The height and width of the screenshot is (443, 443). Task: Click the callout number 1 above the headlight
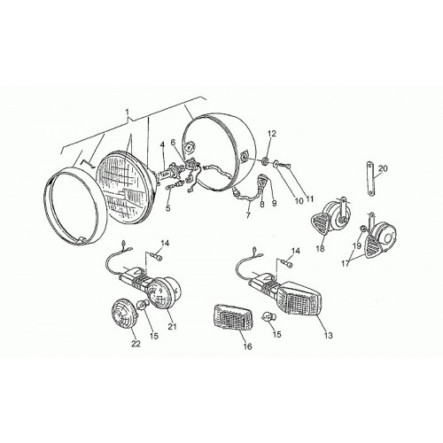128,113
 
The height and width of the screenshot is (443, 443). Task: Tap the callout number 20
383,168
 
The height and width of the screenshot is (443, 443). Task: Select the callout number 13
328,335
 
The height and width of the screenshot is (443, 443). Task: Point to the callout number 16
247,346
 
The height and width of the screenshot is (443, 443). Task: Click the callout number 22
136,344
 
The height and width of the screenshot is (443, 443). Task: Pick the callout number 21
172,326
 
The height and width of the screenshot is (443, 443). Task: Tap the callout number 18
320,248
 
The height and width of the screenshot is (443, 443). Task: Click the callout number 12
272,134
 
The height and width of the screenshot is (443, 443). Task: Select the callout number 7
248,215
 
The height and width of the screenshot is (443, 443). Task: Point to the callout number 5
168,208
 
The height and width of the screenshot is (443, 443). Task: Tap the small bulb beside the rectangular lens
269,318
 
